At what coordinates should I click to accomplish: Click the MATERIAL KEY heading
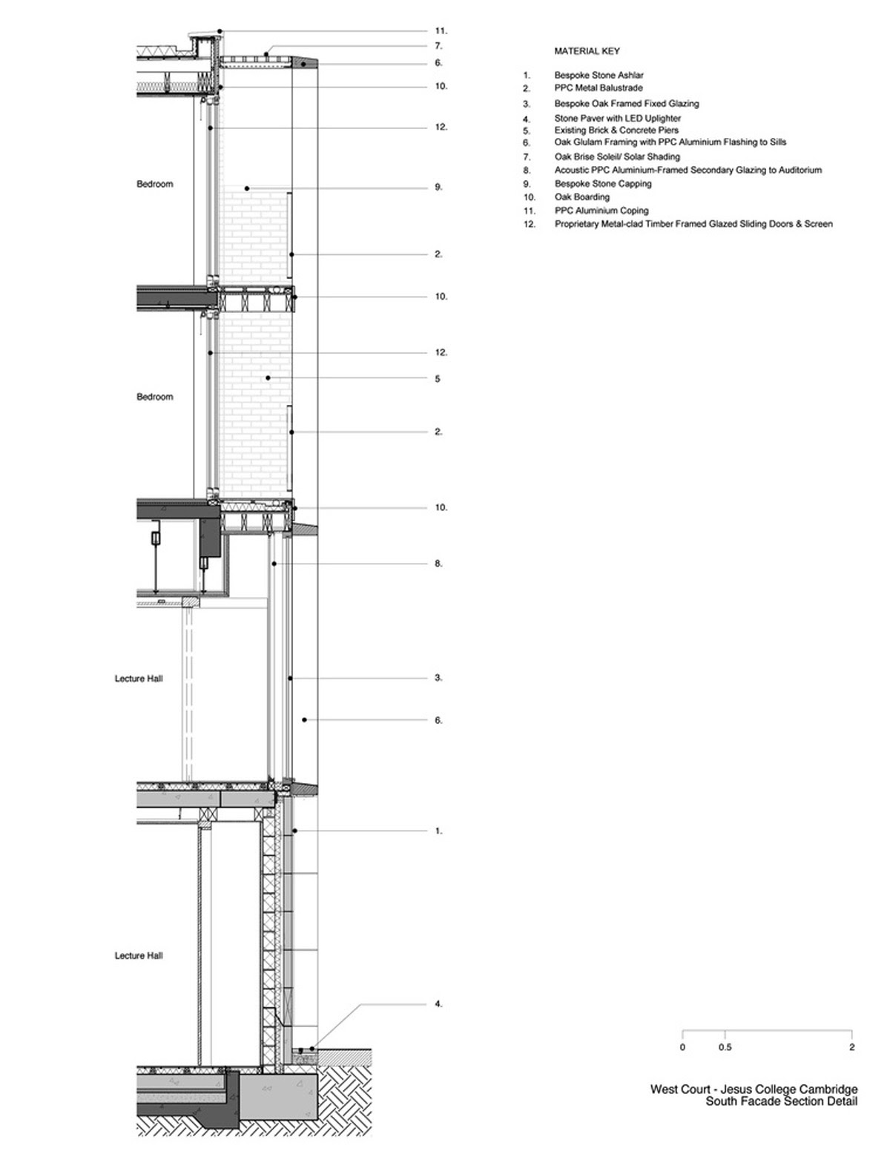click(x=587, y=51)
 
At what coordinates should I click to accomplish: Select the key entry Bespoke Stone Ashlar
click(x=599, y=75)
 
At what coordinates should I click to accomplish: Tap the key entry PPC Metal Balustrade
click(x=598, y=88)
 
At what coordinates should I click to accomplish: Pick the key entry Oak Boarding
click(x=581, y=197)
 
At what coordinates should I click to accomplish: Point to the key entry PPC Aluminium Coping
click(x=601, y=210)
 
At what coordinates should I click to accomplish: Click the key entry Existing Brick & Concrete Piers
click(x=616, y=131)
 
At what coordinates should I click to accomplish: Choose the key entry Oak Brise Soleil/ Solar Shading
click(x=617, y=156)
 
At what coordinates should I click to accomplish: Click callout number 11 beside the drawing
click(x=441, y=31)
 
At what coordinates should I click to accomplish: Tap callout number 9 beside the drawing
click(x=438, y=187)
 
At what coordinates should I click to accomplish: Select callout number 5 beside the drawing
click(x=438, y=379)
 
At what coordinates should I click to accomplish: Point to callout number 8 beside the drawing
click(x=438, y=564)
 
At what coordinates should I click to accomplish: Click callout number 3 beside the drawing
click(x=438, y=678)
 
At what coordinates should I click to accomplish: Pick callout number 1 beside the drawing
click(x=438, y=831)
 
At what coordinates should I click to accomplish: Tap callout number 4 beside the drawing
click(x=438, y=1004)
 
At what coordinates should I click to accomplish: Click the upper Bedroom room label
click(x=155, y=184)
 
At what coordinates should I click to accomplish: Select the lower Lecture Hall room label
click(x=139, y=955)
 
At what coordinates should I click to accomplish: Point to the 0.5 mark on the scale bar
click(x=725, y=1047)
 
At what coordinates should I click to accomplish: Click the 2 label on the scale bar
click(x=852, y=1047)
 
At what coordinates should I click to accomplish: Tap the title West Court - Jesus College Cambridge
click(x=754, y=1089)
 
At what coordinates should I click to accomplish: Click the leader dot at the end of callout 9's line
click(x=247, y=188)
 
